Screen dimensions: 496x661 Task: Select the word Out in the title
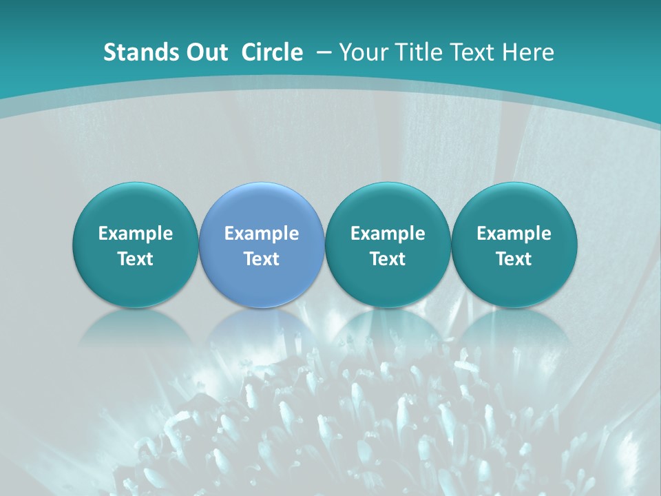click(x=206, y=52)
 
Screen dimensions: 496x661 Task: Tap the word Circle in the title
click(x=272, y=52)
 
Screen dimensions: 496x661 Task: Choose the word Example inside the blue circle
click(x=262, y=234)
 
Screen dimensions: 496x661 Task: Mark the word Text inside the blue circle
click(x=262, y=259)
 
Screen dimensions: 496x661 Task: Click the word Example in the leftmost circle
click(x=135, y=234)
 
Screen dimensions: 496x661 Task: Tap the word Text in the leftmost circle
click(x=135, y=259)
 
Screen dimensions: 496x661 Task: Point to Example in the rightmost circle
click(x=514, y=234)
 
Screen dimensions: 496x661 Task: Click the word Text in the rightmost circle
click(x=514, y=259)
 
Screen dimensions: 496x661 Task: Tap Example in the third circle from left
click(x=388, y=234)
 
